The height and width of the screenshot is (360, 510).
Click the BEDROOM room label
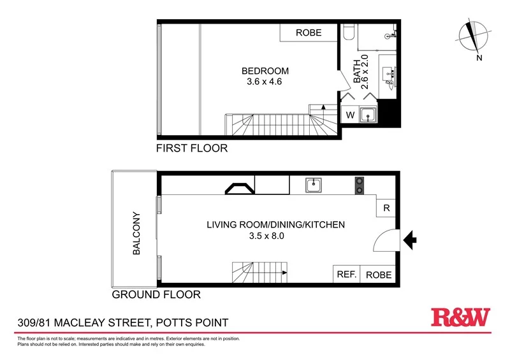tap(265, 71)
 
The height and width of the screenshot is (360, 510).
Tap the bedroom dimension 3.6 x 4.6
tap(265, 82)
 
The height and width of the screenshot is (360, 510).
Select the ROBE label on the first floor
tap(309, 32)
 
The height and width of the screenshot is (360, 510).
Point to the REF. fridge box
tap(346, 275)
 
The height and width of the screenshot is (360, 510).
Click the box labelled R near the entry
tap(386, 208)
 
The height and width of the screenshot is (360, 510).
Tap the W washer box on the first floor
tap(349, 115)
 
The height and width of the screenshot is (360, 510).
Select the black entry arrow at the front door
tap(411, 240)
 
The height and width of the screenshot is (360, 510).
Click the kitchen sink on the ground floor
tap(314, 185)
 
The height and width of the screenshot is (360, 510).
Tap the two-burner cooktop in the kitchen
tap(359, 185)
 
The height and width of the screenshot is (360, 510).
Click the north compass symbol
tap(472, 38)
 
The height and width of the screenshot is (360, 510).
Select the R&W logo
tap(461, 317)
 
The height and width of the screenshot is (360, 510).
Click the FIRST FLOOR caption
tap(192, 148)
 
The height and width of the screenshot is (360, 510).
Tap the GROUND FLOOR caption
tap(156, 294)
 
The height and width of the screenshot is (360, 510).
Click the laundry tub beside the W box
tap(367, 115)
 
